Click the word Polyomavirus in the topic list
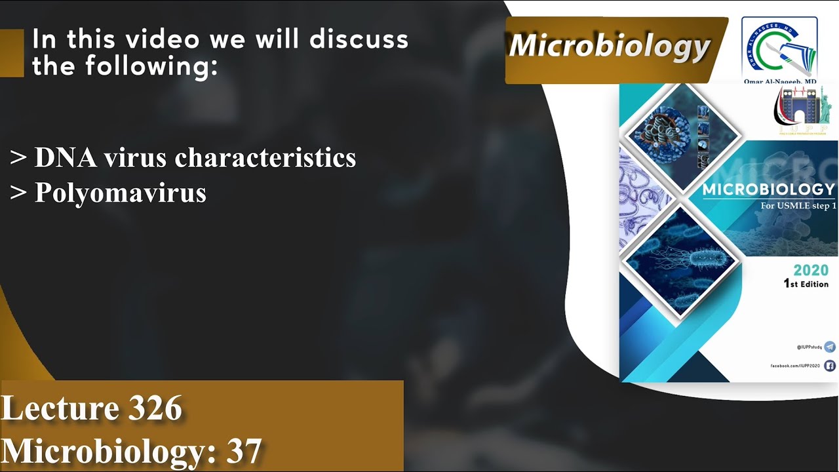(120, 193)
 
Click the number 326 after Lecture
(155, 408)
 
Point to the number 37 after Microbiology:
(244, 451)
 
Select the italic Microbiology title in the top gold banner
(610, 47)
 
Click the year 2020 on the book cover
(811, 270)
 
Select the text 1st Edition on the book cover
(806, 284)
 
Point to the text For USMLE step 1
(798, 206)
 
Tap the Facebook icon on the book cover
(830, 366)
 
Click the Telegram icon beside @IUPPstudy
(830, 347)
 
